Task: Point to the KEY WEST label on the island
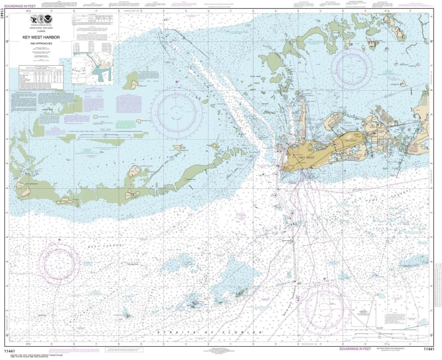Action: (307, 158)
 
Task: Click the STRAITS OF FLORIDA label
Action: (210, 332)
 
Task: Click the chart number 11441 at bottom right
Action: (429, 350)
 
